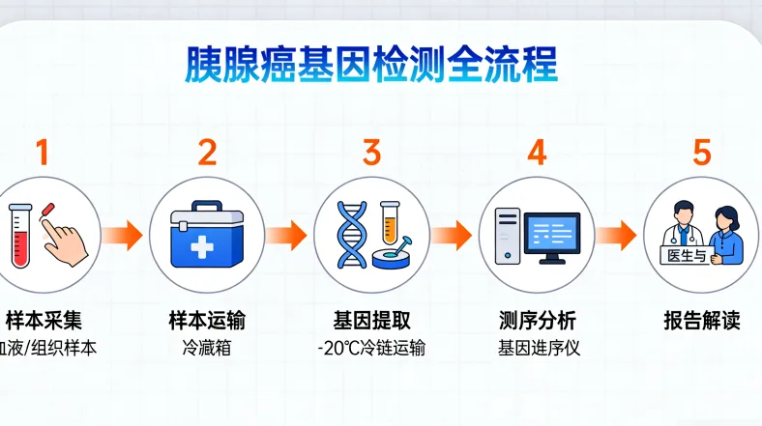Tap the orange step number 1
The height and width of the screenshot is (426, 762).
point(42,152)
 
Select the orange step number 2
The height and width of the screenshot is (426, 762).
point(207,152)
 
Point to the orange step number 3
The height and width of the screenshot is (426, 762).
point(371,152)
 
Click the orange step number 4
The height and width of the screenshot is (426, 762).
point(537,152)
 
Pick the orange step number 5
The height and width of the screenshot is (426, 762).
point(701,152)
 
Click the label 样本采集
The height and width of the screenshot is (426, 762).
point(42,321)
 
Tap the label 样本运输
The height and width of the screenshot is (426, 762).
point(207,321)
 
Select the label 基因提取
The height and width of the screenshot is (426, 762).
point(371,321)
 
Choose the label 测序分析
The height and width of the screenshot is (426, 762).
point(537,321)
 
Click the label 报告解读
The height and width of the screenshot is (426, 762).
point(701,321)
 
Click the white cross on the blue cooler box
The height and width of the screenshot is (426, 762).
point(202,247)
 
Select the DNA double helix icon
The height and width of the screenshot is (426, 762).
point(351,235)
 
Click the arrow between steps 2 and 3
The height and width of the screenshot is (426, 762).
point(287,235)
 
